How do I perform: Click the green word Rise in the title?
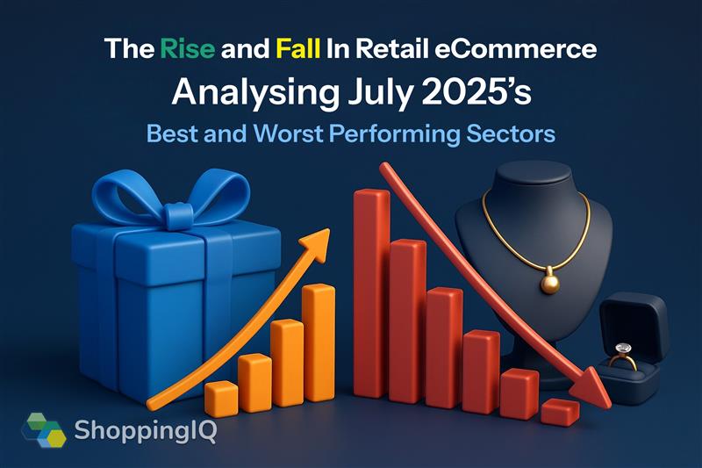click(187, 48)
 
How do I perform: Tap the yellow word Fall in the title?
click(297, 48)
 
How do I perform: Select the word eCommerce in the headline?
click(515, 48)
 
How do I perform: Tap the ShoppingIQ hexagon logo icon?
click(44, 430)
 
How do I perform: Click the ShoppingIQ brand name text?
click(146, 430)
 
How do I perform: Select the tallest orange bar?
click(319, 342)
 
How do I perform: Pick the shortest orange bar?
click(221, 399)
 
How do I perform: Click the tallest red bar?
click(371, 293)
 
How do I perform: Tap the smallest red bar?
click(560, 412)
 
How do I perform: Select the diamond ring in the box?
click(622, 356)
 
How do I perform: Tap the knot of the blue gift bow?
click(179, 216)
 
